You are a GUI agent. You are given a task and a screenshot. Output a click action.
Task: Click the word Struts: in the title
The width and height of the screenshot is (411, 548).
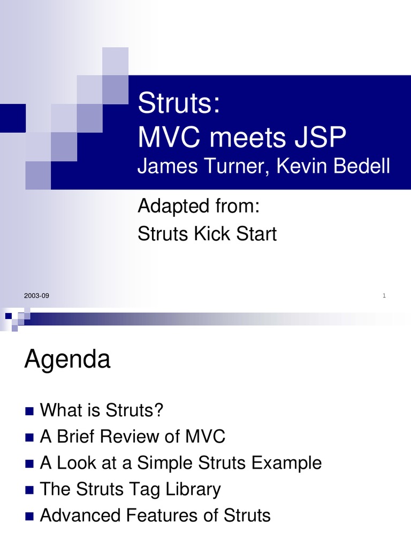point(178,103)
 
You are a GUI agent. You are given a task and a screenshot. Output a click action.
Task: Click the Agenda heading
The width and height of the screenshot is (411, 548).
point(67,361)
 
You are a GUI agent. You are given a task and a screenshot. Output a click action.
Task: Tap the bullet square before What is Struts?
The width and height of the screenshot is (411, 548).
point(29,412)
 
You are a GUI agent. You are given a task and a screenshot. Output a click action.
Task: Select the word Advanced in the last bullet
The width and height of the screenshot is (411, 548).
point(80,515)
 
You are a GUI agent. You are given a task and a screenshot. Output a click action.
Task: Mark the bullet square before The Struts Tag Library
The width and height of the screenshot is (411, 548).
point(29,490)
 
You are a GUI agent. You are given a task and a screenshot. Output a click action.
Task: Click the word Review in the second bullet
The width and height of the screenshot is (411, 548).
point(132,437)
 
